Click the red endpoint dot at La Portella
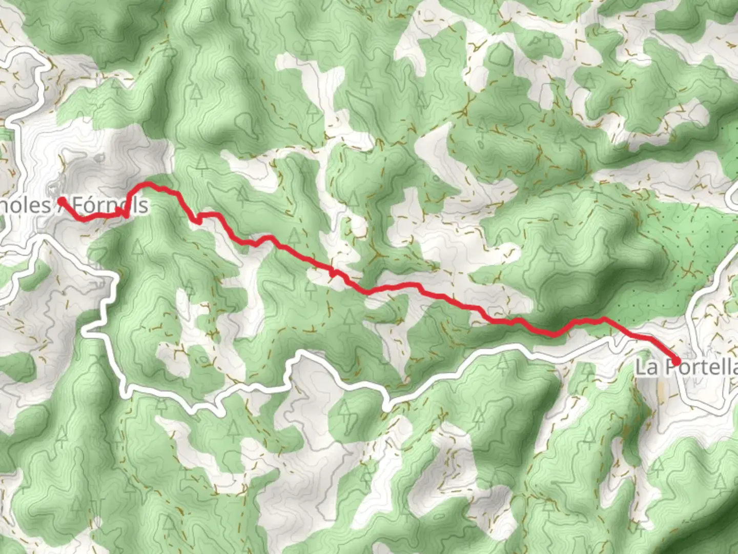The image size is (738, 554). tap(676, 362)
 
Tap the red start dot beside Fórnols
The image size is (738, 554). tap(61, 200)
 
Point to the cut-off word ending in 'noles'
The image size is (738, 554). tap(26, 206)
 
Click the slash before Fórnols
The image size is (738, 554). tap(61, 206)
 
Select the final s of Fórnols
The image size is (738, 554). tap(143, 206)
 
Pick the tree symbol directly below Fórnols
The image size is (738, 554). tap(137, 247)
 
